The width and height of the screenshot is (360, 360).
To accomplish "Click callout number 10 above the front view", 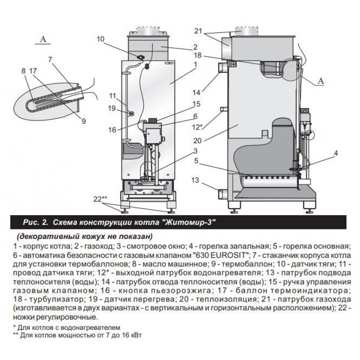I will coord(100,39).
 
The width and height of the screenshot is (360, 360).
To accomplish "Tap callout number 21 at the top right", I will coord(198,31).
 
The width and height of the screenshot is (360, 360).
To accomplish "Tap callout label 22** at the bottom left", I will coord(100,198).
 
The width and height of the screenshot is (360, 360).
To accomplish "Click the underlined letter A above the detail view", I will coord(44,40).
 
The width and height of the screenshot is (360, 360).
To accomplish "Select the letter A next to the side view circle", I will coord(321,81).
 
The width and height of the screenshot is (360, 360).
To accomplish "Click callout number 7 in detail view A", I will coord(49,59).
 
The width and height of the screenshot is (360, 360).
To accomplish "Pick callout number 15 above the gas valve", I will coord(196,104).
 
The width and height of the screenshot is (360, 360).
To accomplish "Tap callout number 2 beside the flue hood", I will coord(195,47).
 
